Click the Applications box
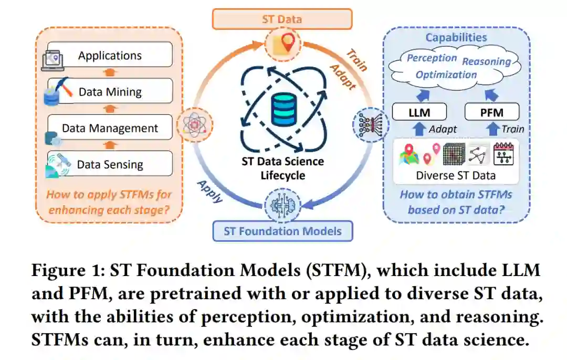pos(110,55)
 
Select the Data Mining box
pos(110,91)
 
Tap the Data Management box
pos(110,128)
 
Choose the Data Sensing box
pos(110,164)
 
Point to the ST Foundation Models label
pos(282,231)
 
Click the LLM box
pos(419,111)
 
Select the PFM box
pos(492,111)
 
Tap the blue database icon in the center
pos(283,108)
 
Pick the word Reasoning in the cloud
pos(486,61)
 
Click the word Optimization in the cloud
pos(446,75)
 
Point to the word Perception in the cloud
pos(432,58)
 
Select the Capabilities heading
pos(456,37)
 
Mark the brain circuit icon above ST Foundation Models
pos(283,205)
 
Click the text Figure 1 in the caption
pos(66,271)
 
